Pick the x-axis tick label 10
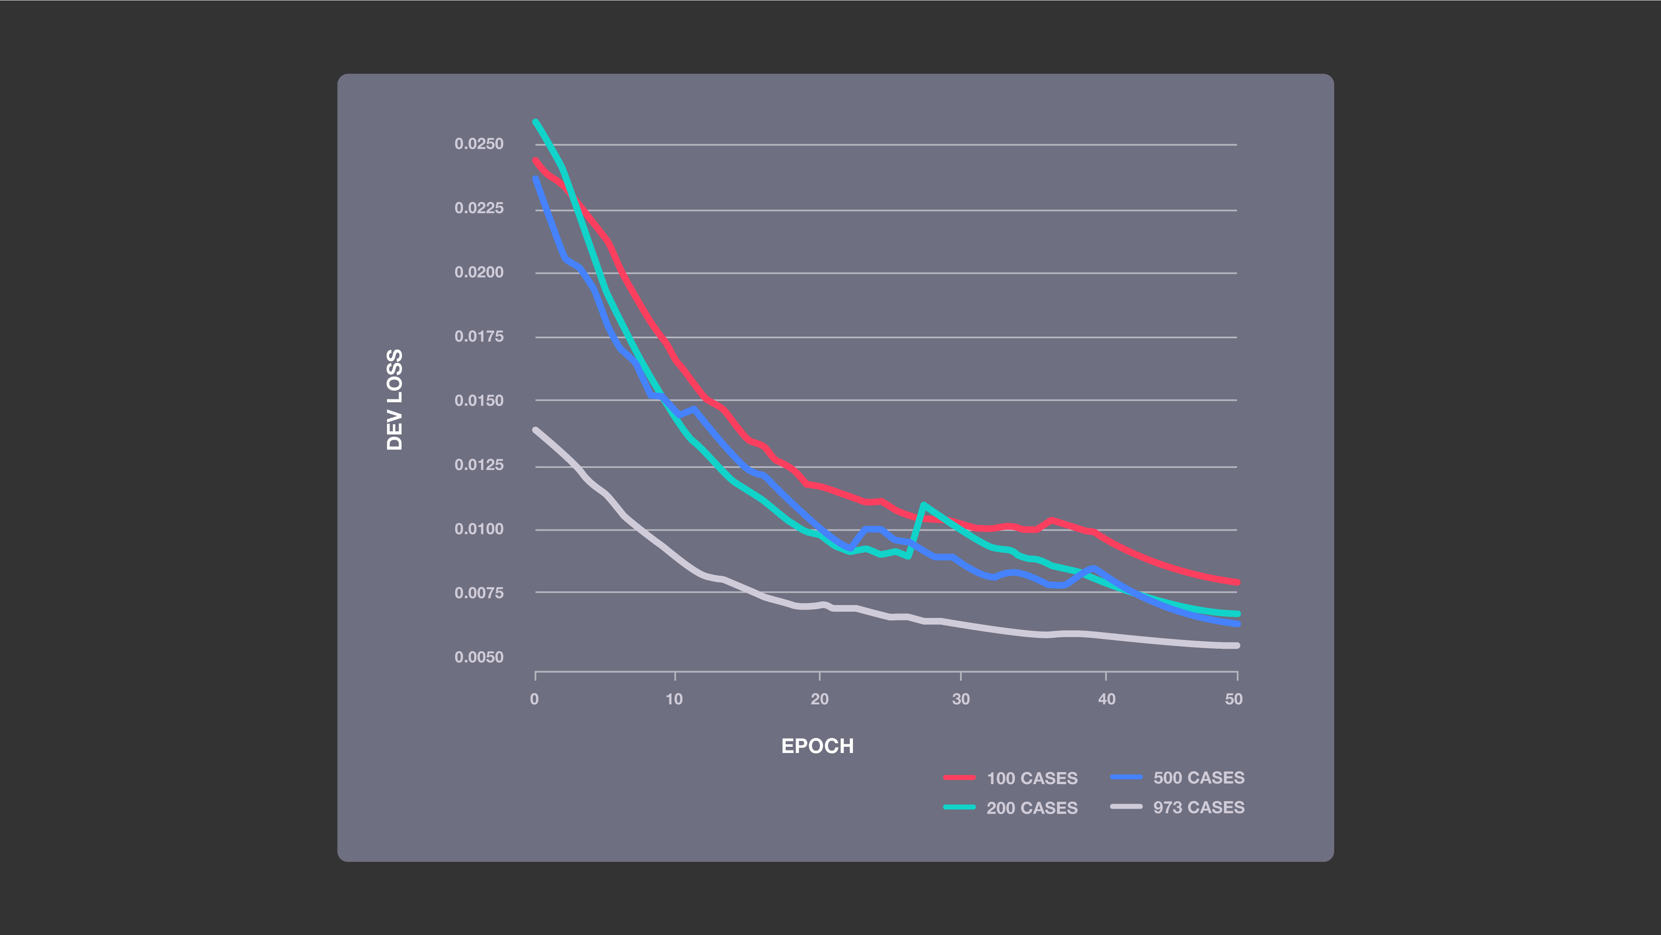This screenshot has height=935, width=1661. click(674, 699)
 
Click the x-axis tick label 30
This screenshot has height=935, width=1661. click(961, 699)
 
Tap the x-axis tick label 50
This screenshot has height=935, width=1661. click(1233, 699)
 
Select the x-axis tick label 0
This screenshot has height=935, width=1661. click(534, 699)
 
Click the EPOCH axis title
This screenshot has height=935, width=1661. click(817, 746)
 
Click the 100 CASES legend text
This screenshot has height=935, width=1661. click(1031, 778)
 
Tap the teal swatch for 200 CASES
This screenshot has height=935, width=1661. click(959, 807)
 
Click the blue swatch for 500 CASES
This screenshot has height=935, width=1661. click(1126, 777)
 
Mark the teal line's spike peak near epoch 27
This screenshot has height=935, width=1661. click(924, 504)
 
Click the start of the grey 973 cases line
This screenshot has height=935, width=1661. click(536, 430)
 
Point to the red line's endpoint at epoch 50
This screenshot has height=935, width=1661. click(1237, 582)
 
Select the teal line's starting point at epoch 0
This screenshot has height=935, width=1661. click(536, 121)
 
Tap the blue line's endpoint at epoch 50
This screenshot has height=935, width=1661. click(1237, 624)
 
